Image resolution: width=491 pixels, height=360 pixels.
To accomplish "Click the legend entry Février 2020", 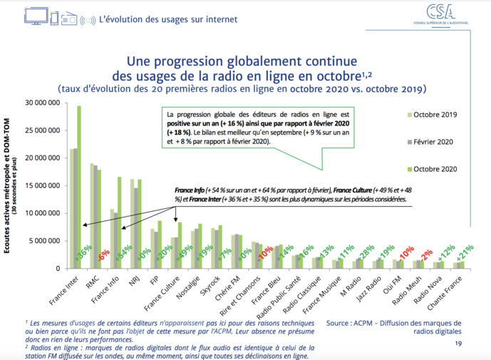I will pyautogui.click(x=432, y=142).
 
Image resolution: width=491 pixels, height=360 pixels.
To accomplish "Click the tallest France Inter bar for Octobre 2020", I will pyautogui.click(x=79, y=185).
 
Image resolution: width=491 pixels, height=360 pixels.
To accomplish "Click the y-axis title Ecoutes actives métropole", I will pyautogui.click(x=7, y=185).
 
